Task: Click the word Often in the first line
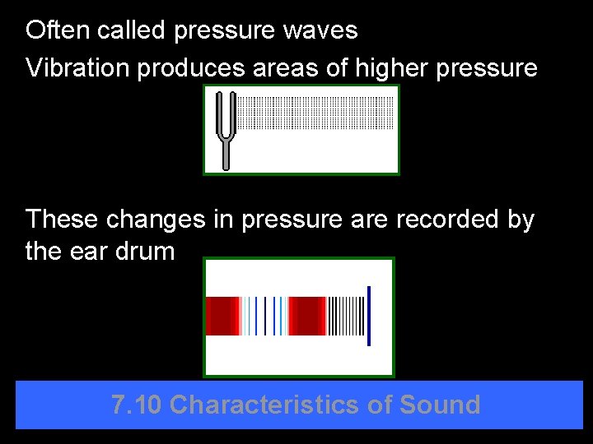pyautogui.click(x=57, y=30)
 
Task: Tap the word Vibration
pyautogui.click(x=78, y=68)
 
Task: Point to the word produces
pyautogui.click(x=190, y=69)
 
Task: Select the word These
pyautogui.click(x=60, y=220)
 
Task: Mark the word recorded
pyautogui.click(x=450, y=220)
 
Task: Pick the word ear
pyautogui.click(x=86, y=252)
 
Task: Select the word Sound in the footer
pyautogui.click(x=440, y=405)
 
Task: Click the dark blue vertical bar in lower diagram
pyautogui.click(x=369, y=316)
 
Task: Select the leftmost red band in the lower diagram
pyautogui.click(x=222, y=316)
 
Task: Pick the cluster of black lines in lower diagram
pyautogui.click(x=346, y=316)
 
